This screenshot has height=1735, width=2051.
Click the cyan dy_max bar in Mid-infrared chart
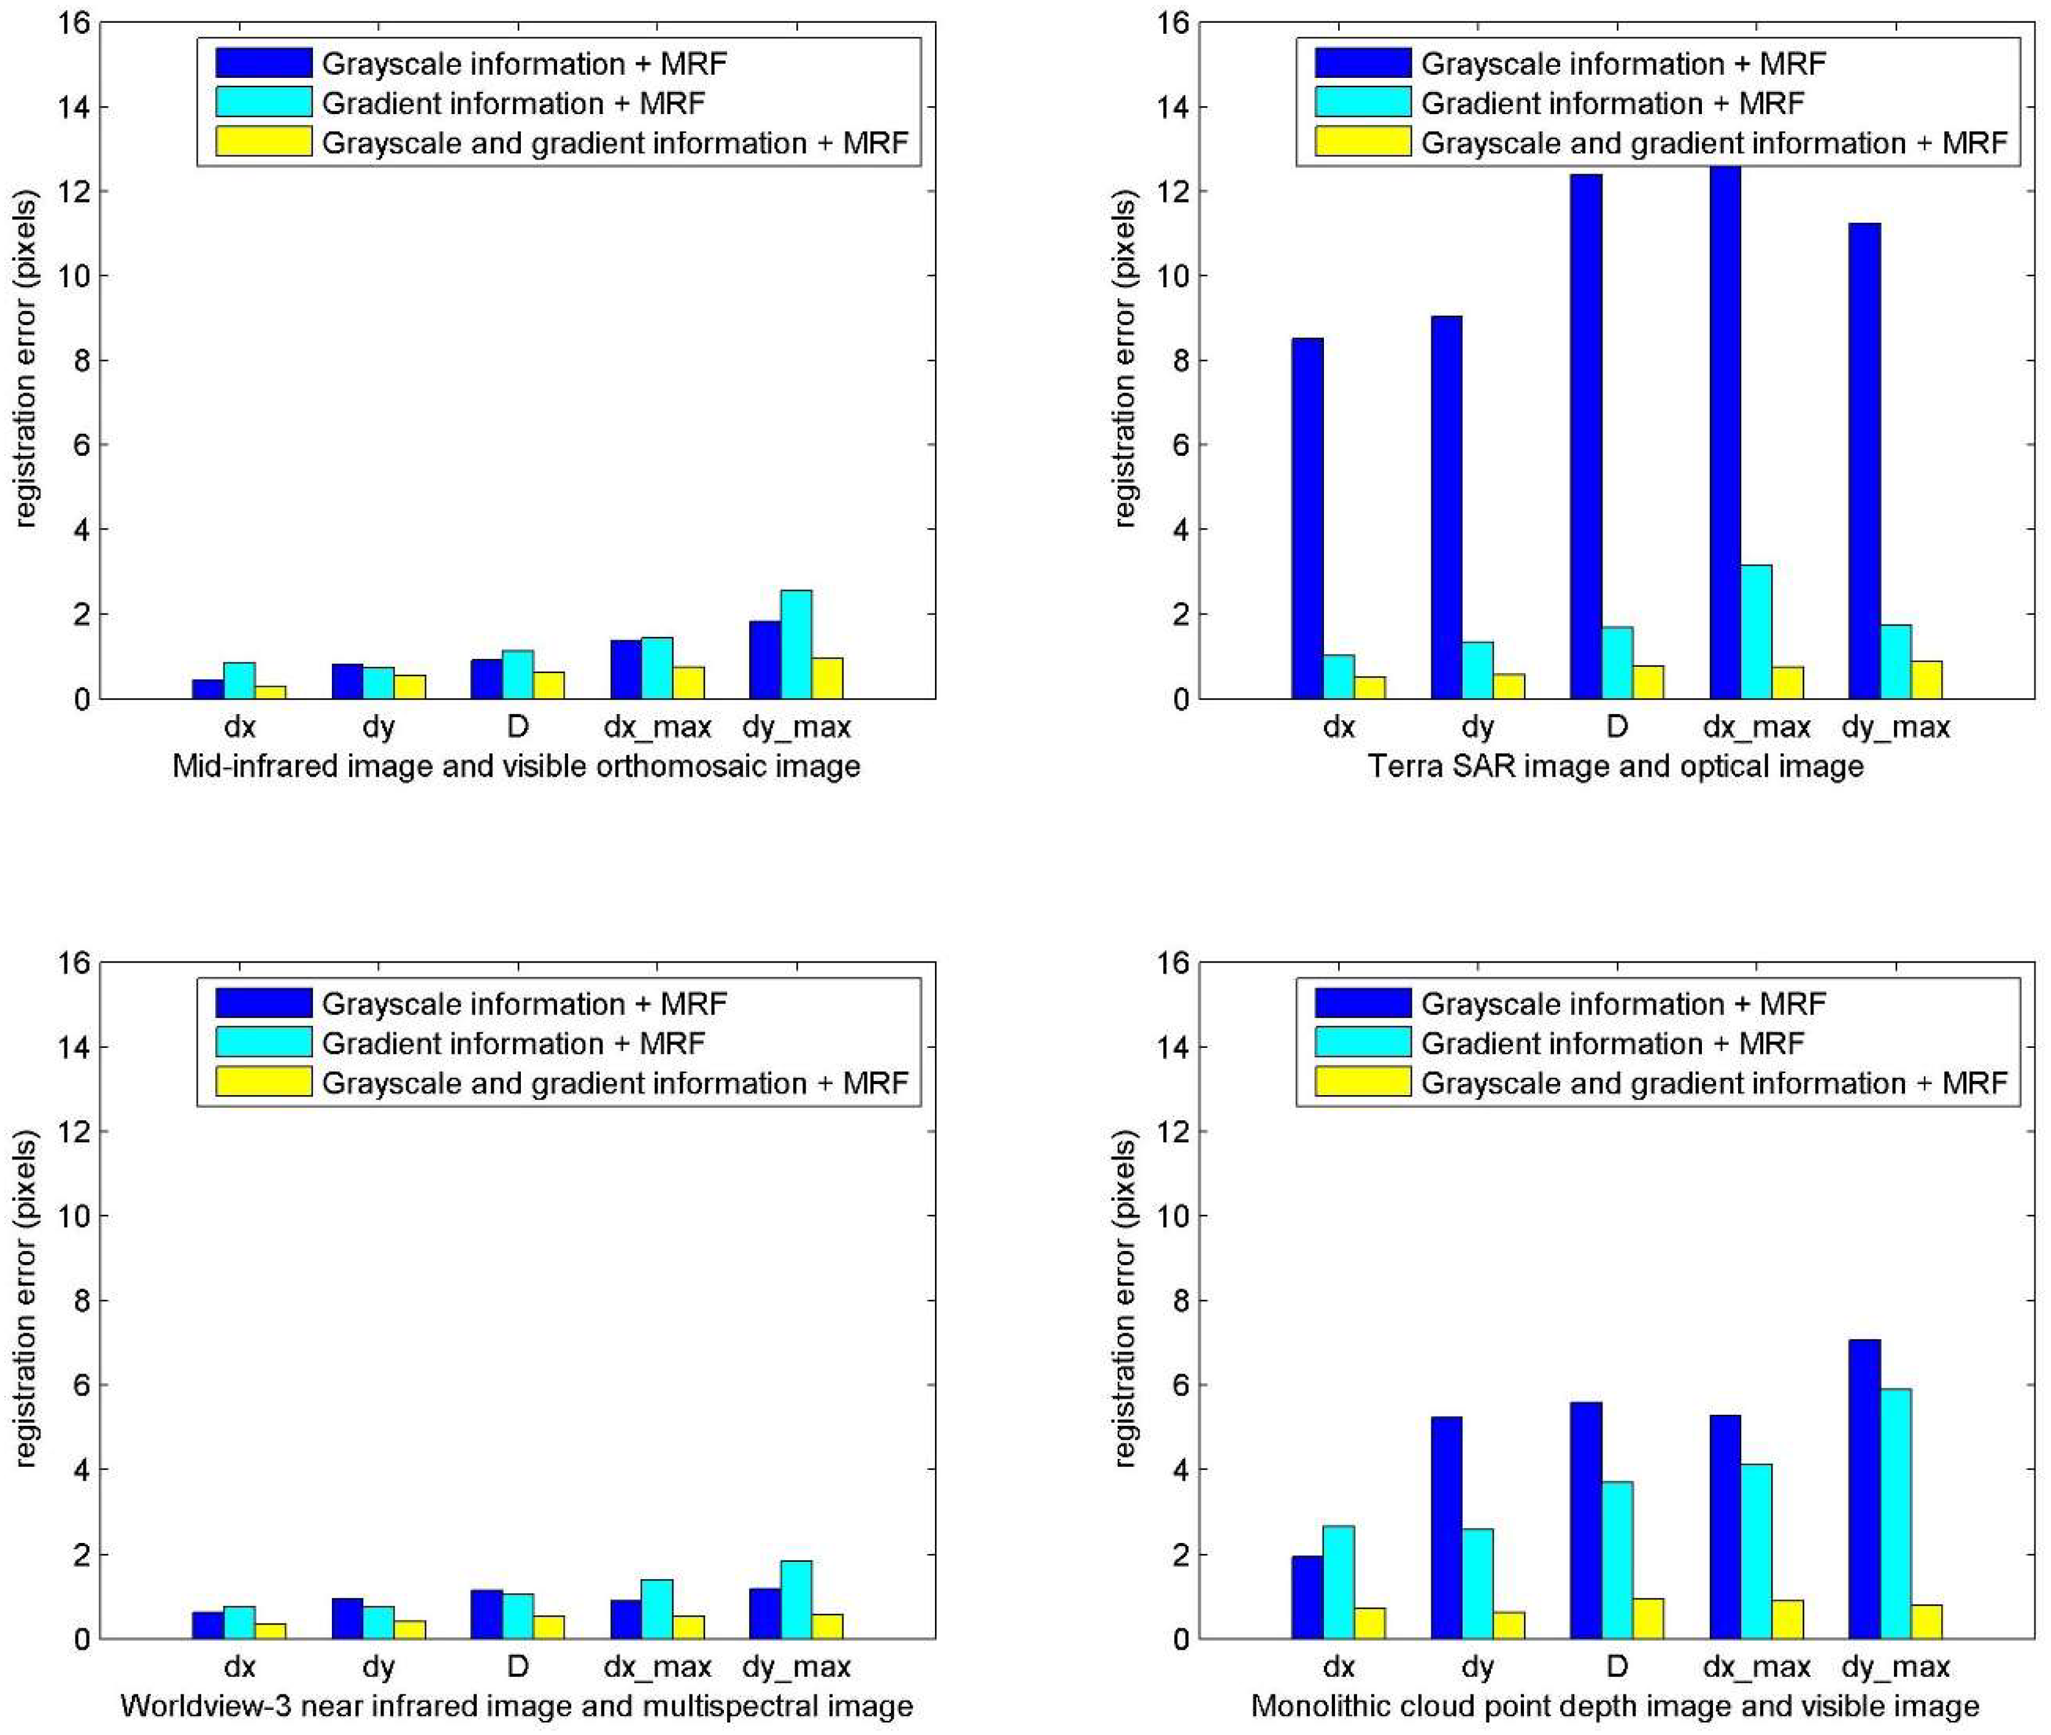tap(796, 644)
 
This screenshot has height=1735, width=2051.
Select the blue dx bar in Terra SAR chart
tap(1306, 518)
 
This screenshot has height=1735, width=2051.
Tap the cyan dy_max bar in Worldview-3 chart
tap(796, 1599)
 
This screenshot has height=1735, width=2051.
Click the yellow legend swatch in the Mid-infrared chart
tap(264, 142)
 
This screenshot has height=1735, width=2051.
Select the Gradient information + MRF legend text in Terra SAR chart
tap(1612, 103)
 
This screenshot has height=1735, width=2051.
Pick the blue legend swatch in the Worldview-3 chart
tap(264, 1003)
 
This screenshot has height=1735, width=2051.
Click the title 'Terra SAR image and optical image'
tap(1615, 766)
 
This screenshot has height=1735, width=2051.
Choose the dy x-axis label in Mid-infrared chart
tap(379, 728)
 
